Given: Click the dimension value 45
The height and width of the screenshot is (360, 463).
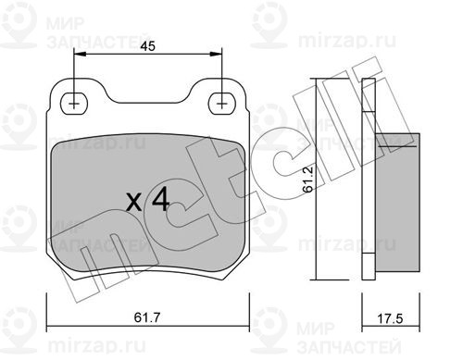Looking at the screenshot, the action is click(x=147, y=46).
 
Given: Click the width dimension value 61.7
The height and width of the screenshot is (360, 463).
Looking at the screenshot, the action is click(x=146, y=317).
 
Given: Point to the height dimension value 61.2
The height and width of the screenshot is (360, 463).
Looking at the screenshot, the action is click(x=308, y=180).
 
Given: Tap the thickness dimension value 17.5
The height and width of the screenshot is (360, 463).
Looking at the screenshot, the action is click(x=390, y=318).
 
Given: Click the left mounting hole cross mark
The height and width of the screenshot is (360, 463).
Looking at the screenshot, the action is click(x=74, y=104).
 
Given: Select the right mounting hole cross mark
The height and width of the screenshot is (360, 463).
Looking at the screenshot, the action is click(x=221, y=104).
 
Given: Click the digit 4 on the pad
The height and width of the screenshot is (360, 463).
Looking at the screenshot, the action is click(x=161, y=199).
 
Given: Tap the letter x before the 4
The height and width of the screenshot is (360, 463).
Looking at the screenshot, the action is click(x=134, y=203).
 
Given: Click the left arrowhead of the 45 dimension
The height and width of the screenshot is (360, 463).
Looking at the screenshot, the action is click(x=80, y=55).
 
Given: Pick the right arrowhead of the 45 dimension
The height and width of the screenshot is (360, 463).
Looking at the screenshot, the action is click(x=216, y=55).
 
